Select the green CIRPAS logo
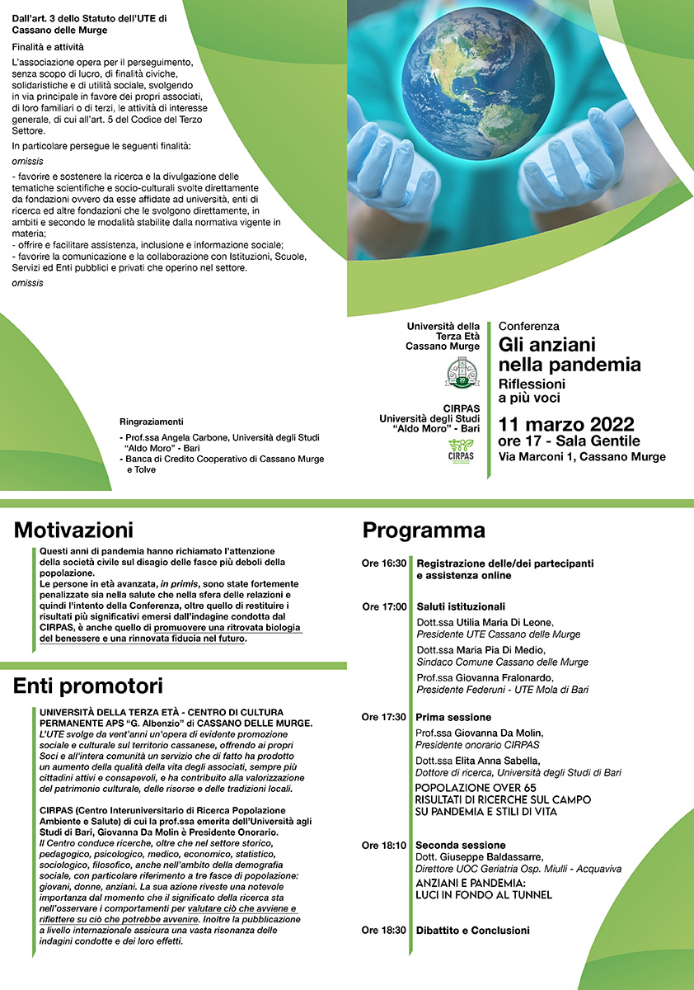click(x=462, y=453)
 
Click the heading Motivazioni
click(x=73, y=530)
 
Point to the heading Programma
click(x=424, y=530)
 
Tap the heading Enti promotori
click(x=88, y=686)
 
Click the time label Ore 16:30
click(x=384, y=563)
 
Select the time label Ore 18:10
click(x=384, y=846)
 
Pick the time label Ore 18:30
click(x=384, y=931)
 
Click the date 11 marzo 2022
click(x=565, y=425)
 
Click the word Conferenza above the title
click(x=528, y=327)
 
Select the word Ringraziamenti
click(x=151, y=421)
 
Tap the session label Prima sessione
click(x=453, y=717)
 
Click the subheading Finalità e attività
click(x=48, y=47)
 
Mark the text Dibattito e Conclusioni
click(x=472, y=931)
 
